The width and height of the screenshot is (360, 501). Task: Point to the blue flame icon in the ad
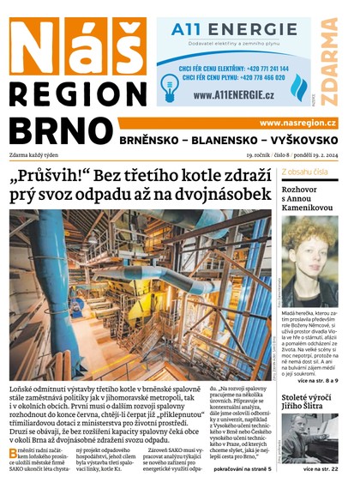298,88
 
